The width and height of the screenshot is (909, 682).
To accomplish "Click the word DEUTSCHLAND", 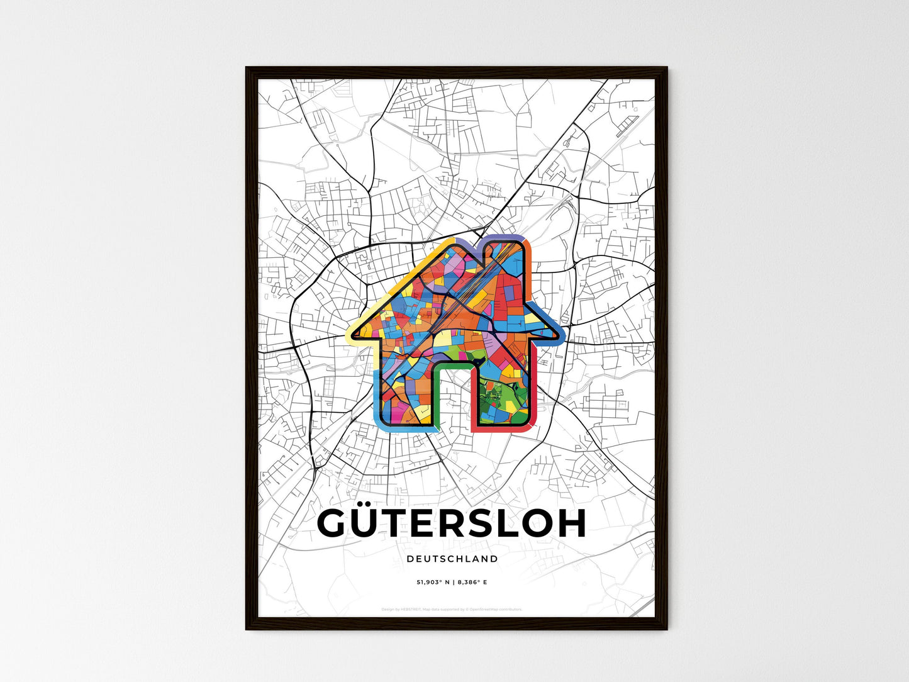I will pyautogui.click(x=452, y=559).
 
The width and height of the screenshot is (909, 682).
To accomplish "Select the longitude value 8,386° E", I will pyautogui.click(x=472, y=583).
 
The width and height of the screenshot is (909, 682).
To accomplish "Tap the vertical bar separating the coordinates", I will pyautogui.click(x=452, y=583).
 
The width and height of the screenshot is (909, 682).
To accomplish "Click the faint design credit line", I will pyautogui.click(x=452, y=610).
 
